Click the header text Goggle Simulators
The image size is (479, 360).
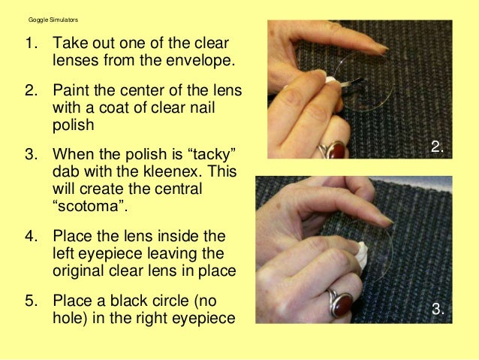(53, 20)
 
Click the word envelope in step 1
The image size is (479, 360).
(200, 60)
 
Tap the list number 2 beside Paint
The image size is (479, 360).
(31, 90)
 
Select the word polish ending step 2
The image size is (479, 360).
(74, 125)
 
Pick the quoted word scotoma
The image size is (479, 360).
(90, 206)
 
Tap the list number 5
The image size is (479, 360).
(31, 301)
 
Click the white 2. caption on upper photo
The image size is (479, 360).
(437, 147)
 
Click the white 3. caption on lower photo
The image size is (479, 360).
(438, 309)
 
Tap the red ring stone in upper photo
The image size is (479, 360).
(337, 150)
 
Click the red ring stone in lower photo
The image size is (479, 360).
(342, 304)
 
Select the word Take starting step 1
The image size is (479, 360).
(71, 43)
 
